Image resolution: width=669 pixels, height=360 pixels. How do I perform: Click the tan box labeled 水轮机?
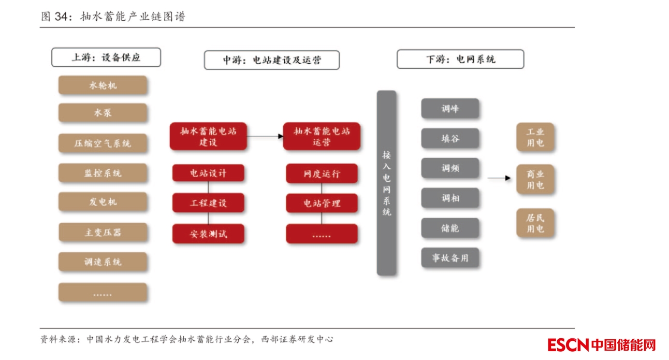click(x=103, y=85)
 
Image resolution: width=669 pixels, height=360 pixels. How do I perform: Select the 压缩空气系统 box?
click(x=103, y=143)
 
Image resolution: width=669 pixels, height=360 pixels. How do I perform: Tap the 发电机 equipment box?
click(x=103, y=202)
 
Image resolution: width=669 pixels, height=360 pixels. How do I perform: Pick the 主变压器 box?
click(x=103, y=232)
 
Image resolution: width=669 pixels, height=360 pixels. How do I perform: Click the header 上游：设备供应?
click(x=106, y=57)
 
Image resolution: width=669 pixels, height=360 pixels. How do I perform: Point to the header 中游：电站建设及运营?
click(x=271, y=60)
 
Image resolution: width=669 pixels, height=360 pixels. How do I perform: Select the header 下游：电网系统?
click(x=460, y=59)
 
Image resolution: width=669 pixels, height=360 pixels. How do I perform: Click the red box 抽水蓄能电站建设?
click(x=208, y=137)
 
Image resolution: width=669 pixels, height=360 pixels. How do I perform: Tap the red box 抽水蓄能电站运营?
click(x=322, y=137)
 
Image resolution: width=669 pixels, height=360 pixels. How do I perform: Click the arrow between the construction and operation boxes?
click(x=265, y=136)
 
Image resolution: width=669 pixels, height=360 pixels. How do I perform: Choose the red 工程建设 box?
click(x=208, y=203)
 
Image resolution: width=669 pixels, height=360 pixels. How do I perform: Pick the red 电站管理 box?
click(x=322, y=203)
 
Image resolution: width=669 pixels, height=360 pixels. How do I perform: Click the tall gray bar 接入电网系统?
click(x=386, y=183)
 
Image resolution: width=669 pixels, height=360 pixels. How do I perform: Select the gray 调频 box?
click(x=450, y=168)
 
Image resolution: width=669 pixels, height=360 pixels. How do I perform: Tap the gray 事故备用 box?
click(x=450, y=257)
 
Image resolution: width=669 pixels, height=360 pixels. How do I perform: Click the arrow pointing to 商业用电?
click(x=500, y=178)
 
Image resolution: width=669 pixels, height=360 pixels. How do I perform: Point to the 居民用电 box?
click(x=535, y=223)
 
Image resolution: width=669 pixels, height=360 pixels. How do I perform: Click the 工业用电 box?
click(x=535, y=137)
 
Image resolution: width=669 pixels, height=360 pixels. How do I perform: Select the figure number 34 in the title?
click(x=61, y=17)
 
